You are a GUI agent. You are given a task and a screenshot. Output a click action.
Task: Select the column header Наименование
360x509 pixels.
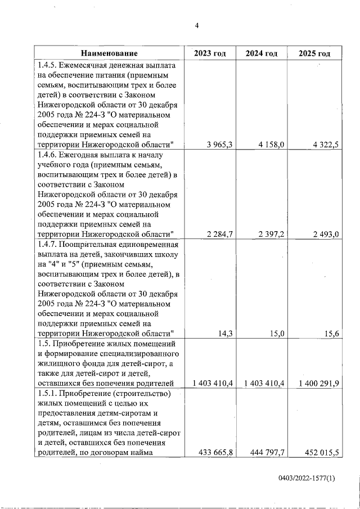[109, 53]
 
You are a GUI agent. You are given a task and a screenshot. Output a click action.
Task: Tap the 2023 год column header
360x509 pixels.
[210, 53]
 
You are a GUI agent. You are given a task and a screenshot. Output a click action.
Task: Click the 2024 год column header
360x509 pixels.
[262, 53]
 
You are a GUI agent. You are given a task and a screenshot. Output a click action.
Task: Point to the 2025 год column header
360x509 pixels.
[314, 53]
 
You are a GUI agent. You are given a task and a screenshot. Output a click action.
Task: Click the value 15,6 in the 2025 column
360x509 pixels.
[331, 334]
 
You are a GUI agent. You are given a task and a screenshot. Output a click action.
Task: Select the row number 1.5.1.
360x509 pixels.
[47, 393]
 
